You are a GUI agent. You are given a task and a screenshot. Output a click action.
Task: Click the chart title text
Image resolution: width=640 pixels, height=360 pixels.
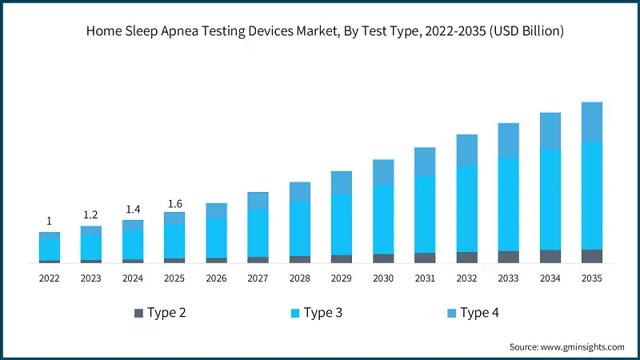click(320, 32)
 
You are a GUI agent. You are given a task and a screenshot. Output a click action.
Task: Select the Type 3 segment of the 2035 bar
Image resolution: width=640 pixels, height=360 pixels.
click(591, 195)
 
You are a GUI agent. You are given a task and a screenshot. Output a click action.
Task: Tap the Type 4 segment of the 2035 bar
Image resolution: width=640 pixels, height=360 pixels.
click(591, 122)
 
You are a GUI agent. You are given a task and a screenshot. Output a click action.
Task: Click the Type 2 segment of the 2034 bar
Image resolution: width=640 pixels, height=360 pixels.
click(550, 256)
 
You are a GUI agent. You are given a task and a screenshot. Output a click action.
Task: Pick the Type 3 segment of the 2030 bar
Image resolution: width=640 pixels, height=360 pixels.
click(383, 219)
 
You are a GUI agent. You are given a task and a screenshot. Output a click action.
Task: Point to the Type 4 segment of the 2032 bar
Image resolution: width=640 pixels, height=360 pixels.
click(466, 150)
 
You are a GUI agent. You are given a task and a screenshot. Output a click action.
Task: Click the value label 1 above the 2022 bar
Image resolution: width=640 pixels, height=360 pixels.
click(49, 221)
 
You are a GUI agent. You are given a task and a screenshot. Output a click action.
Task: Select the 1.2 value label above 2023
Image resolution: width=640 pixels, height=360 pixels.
click(90, 214)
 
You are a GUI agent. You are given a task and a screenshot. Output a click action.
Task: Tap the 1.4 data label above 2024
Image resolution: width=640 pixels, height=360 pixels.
click(132, 209)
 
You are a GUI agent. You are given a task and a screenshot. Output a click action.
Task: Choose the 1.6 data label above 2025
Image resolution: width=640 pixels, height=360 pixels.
click(174, 203)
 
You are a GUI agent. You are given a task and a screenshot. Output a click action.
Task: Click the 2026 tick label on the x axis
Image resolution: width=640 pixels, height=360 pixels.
click(216, 278)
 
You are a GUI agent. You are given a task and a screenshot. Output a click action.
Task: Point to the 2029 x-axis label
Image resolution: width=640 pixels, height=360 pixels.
click(342, 278)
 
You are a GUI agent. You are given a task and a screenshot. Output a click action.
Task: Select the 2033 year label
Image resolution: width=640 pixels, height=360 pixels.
click(508, 278)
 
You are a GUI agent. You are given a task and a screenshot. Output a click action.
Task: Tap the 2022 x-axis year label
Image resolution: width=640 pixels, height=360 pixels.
click(49, 278)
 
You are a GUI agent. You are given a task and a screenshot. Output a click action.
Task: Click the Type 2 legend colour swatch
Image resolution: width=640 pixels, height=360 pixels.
click(138, 313)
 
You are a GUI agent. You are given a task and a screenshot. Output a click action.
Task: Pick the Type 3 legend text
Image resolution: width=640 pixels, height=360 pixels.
click(323, 313)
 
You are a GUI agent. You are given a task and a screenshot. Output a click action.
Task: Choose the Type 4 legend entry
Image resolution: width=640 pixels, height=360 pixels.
click(480, 313)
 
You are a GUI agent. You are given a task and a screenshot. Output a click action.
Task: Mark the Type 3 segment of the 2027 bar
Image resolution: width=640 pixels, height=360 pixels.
click(258, 233)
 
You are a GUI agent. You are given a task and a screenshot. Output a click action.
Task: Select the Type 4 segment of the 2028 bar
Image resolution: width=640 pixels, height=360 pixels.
click(299, 192)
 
